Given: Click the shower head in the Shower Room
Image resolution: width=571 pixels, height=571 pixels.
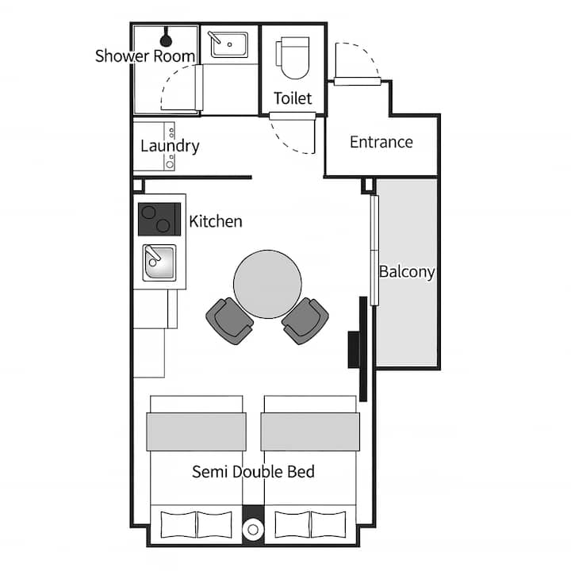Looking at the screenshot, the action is pos(166,38).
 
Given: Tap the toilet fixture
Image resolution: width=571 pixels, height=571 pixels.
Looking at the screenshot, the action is pos(293,58).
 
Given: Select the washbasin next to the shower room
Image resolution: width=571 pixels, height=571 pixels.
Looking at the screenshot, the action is pos(229,44).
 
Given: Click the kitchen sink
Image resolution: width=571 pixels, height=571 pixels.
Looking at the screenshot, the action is pos(159,263).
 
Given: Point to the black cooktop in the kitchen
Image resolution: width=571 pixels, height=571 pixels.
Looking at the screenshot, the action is pos(159,219).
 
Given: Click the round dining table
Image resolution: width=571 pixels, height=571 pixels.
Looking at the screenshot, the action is pos(268,284).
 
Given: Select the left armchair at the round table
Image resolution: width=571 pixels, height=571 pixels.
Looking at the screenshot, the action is pos(229,321).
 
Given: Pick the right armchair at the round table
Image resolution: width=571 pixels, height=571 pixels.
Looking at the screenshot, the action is pos(305,321).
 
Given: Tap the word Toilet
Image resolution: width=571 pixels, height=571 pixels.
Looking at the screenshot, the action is pos(293,98).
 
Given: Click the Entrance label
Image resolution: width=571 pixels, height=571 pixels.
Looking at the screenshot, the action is pos(381,142).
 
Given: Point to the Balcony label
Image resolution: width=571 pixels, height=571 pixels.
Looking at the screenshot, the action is pos(407,272).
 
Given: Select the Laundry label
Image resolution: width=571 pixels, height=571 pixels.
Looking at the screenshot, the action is pos(170,147).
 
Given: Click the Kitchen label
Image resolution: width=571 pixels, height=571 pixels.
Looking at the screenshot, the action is pos(216,221).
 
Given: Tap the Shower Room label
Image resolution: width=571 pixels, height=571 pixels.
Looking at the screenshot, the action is pos(145,56).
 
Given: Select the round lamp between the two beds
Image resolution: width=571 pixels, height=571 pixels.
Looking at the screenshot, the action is pos(253,530).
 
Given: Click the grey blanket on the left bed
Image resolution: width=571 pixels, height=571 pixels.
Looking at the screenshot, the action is pos(197,431).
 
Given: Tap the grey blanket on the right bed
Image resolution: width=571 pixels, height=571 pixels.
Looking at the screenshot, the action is pos(310,431).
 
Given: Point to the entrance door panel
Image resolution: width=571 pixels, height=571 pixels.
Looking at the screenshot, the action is pos(357,81).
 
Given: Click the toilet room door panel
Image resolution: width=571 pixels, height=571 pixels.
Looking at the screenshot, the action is pos(292,116).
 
